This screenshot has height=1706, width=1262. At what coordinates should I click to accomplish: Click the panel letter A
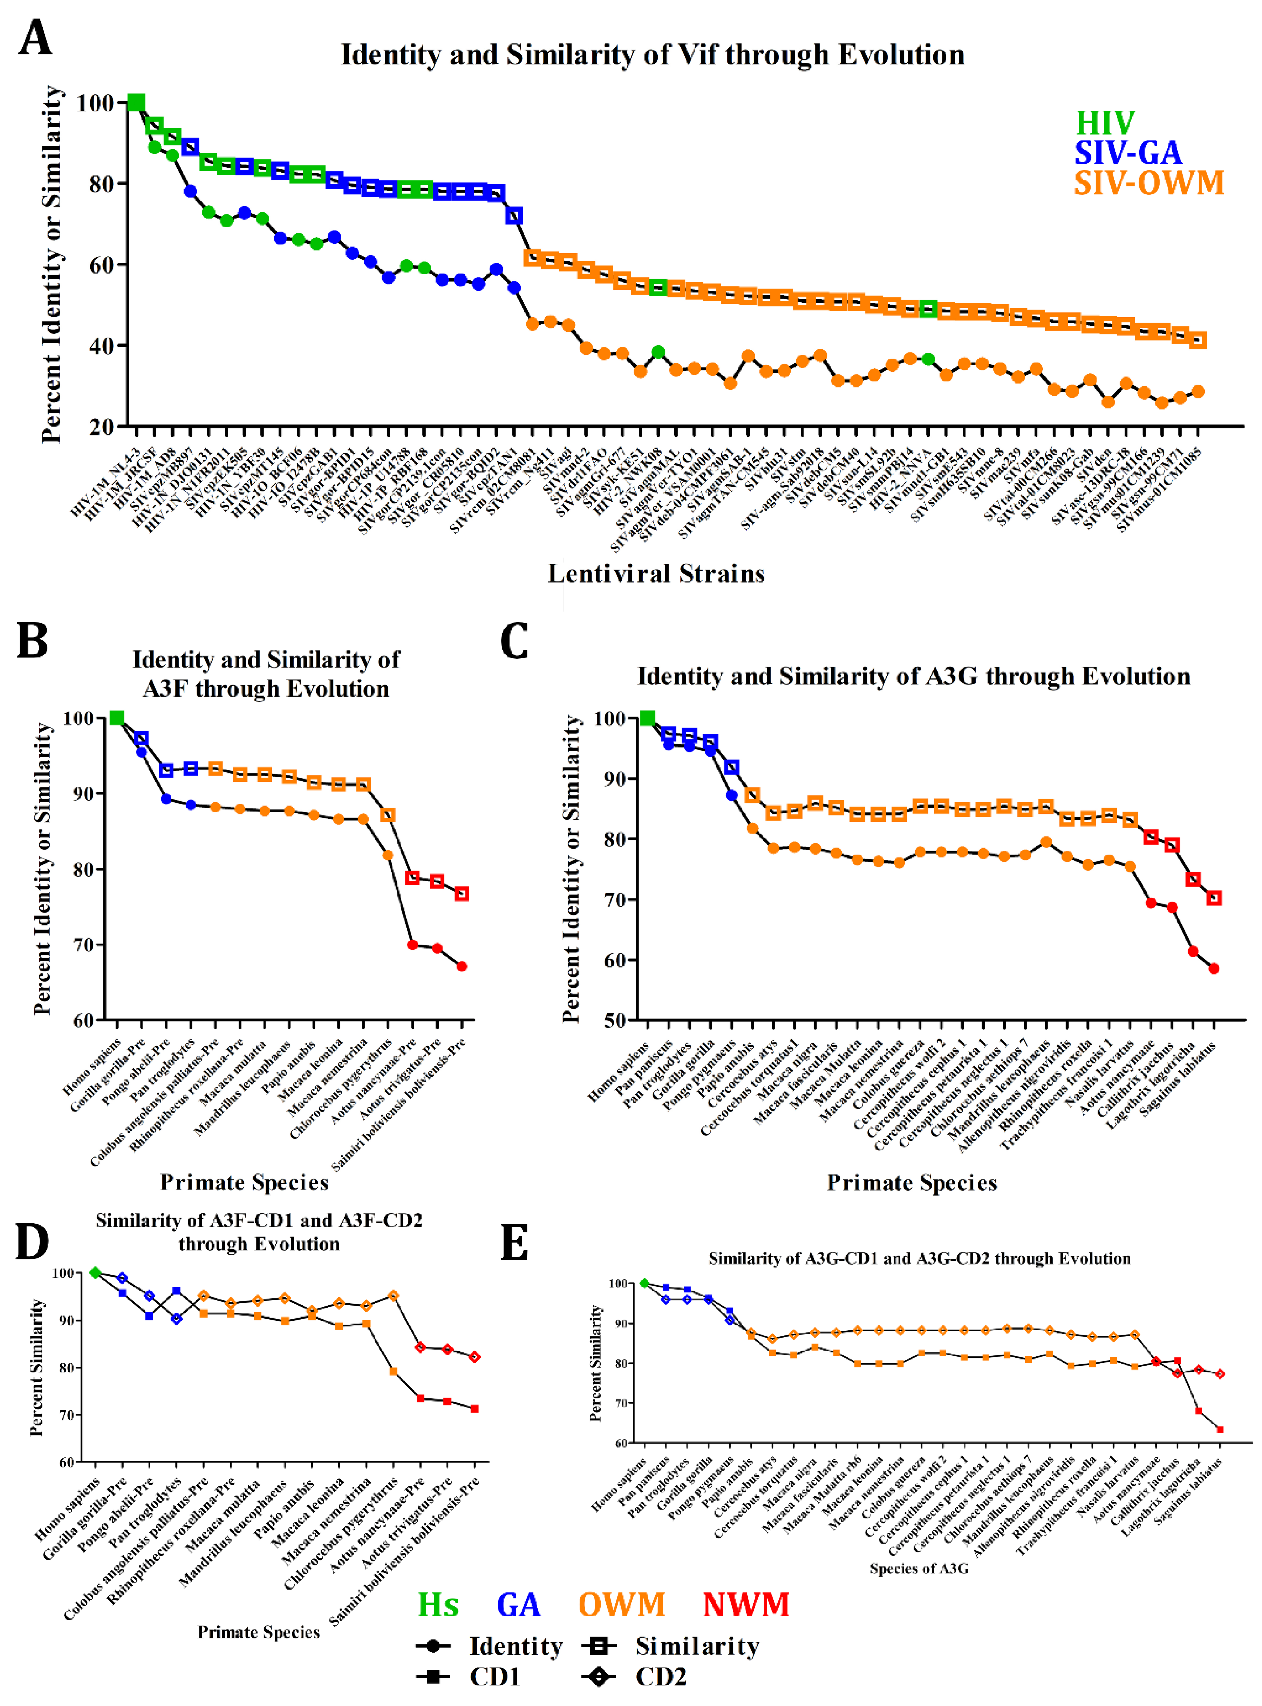click(x=35, y=38)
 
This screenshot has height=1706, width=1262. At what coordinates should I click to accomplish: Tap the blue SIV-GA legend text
click(x=1128, y=153)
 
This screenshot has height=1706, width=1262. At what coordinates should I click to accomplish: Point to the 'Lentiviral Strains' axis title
click(x=656, y=574)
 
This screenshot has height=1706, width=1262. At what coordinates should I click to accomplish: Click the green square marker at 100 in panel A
click(x=136, y=103)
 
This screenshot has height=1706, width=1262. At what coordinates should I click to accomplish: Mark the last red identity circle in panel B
click(x=461, y=966)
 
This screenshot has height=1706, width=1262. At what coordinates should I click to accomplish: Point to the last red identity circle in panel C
click(x=1214, y=969)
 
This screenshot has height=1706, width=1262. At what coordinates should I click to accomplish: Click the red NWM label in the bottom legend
click(x=746, y=1605)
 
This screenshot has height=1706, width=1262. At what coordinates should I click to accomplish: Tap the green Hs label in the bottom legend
click(x=438, y=1605)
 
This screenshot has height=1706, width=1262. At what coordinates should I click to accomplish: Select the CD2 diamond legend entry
click(x=634, y=1677)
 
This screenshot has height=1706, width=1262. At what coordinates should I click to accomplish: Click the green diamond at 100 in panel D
click(x=95, y=1273)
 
